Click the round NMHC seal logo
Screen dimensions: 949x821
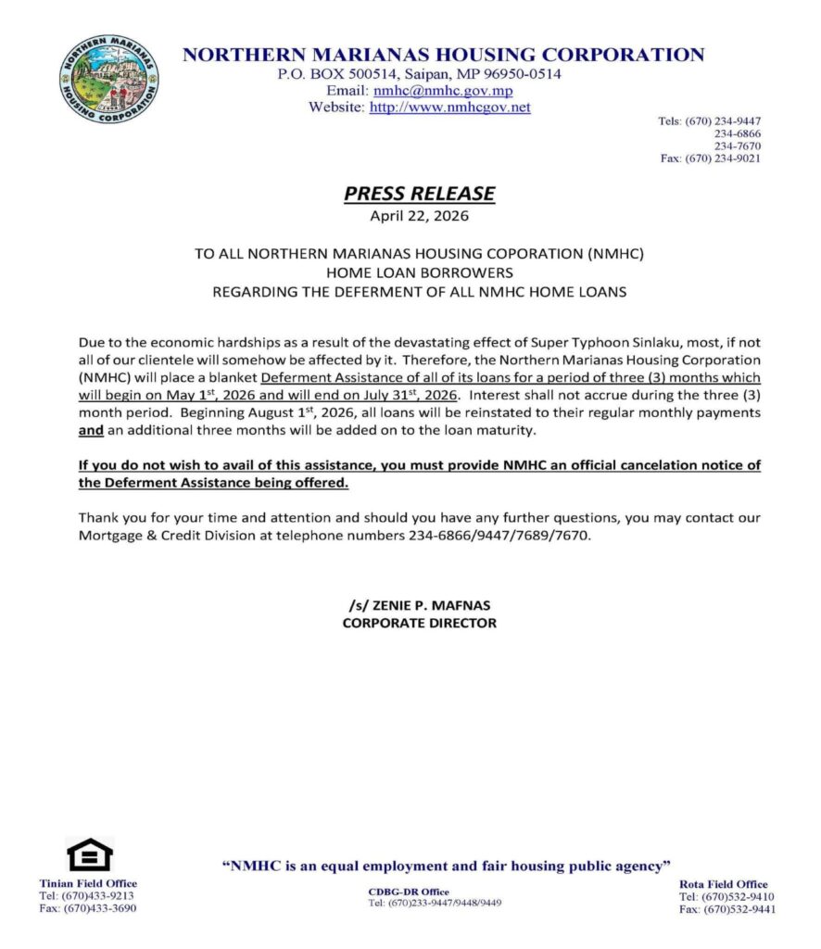click(108, 81)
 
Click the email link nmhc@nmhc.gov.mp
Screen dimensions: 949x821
click(442, 91)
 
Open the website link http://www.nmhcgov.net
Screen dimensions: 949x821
click(449, 108)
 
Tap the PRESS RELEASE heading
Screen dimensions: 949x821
click(419, 194)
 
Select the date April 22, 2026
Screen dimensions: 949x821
click(419, 217)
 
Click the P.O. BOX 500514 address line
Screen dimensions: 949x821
click(419, 74)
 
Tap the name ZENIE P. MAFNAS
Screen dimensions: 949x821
click(419, 605)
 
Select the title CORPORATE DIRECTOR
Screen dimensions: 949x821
click(419, 623)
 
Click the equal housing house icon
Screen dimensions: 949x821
click(89, 854)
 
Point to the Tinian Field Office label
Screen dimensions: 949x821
click(88, 883)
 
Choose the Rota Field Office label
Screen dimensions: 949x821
click(723, 883)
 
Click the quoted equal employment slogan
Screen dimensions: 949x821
click(447, 866)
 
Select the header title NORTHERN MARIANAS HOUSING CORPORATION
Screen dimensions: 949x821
click(443, 55)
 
